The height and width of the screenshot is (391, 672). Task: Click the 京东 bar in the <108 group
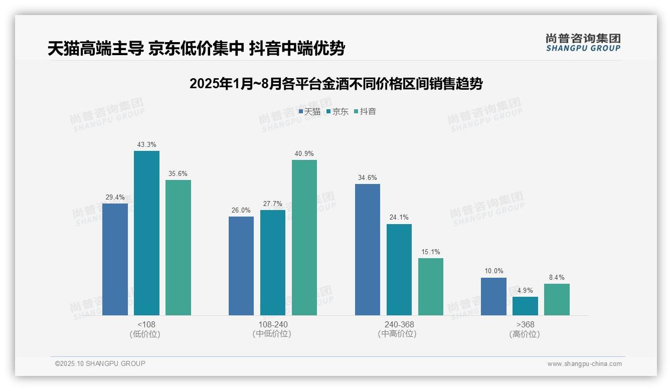146,233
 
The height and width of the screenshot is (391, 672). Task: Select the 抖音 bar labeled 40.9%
304,238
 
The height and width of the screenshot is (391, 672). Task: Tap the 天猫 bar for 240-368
368,250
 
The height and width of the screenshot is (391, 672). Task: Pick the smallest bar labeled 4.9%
525,306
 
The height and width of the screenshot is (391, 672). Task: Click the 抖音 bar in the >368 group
557,300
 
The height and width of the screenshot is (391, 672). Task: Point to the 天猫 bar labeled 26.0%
241,266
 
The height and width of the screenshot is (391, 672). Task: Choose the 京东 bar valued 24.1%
399,270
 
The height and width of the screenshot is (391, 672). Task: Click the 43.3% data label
146,145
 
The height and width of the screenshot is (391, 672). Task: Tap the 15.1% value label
431,252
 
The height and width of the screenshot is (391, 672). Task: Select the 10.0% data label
493,271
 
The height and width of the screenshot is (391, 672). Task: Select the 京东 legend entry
337,112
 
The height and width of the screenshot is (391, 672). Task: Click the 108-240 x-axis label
273,324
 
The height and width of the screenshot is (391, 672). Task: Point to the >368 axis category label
525,324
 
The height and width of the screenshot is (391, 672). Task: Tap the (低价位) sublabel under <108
145,334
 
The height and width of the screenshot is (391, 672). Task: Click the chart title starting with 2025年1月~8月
336,84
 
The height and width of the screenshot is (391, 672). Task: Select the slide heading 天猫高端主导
95,49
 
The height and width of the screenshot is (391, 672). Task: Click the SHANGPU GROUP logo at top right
583,43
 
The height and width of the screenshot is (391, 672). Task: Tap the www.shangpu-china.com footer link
584,364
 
